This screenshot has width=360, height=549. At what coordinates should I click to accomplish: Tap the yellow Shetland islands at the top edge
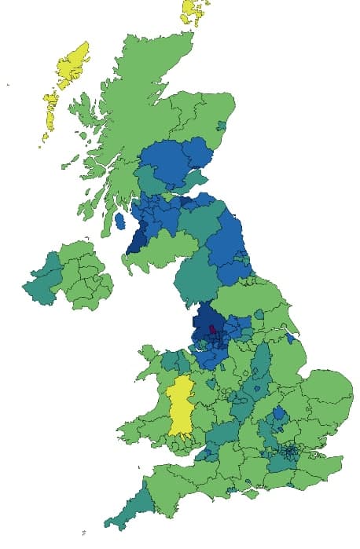click(193, 12)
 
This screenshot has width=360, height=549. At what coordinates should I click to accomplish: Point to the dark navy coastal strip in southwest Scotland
click(135, 238)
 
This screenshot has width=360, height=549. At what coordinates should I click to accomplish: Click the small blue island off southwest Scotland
click(119, 221)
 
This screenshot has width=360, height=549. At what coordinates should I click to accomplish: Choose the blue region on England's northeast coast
click(232, 243)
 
